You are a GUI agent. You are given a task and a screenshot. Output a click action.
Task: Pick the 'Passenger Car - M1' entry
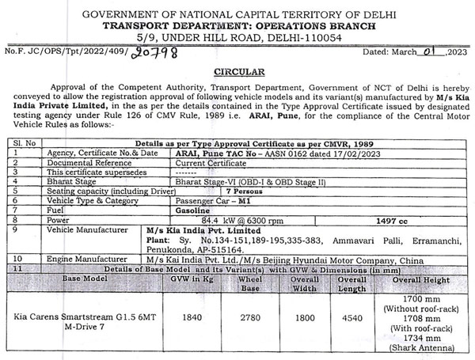(x=203, y=201)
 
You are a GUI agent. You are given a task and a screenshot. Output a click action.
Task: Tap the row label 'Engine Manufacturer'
(x=88, y=259)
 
